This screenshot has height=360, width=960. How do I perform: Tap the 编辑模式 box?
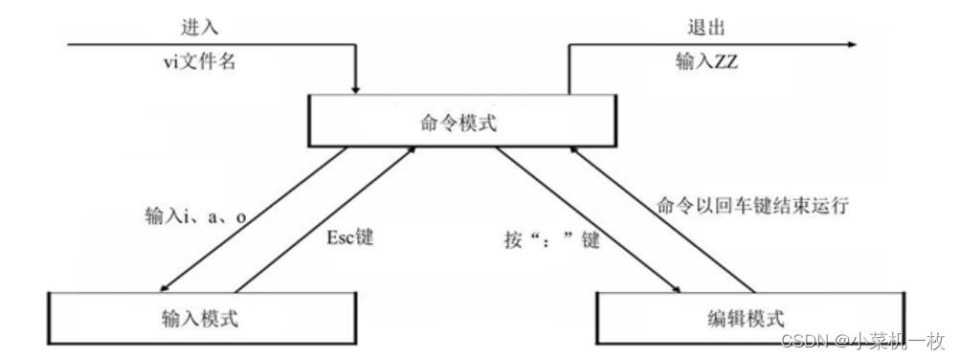[744, 317]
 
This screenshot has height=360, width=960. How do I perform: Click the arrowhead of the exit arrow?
[849, 43]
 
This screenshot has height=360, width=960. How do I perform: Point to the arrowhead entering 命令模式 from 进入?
[356, 89]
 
